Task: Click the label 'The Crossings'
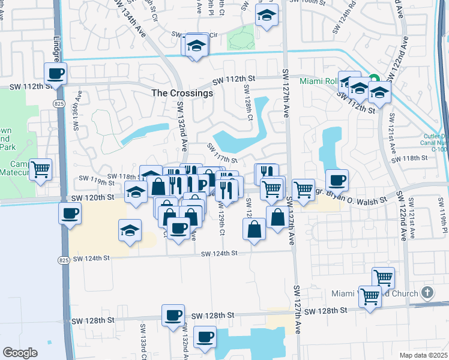point(182,94)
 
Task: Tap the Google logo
point(20,352)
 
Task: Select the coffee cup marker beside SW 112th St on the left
point(56,74)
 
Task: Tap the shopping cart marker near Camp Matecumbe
point(41,169)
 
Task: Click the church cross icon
point(427,293)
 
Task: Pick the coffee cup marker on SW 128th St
point(173,315)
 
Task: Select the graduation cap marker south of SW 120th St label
point(130,230)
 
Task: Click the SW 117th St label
point(223,153)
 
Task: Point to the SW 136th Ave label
point(77,110)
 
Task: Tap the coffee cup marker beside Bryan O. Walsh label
point(337,179)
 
